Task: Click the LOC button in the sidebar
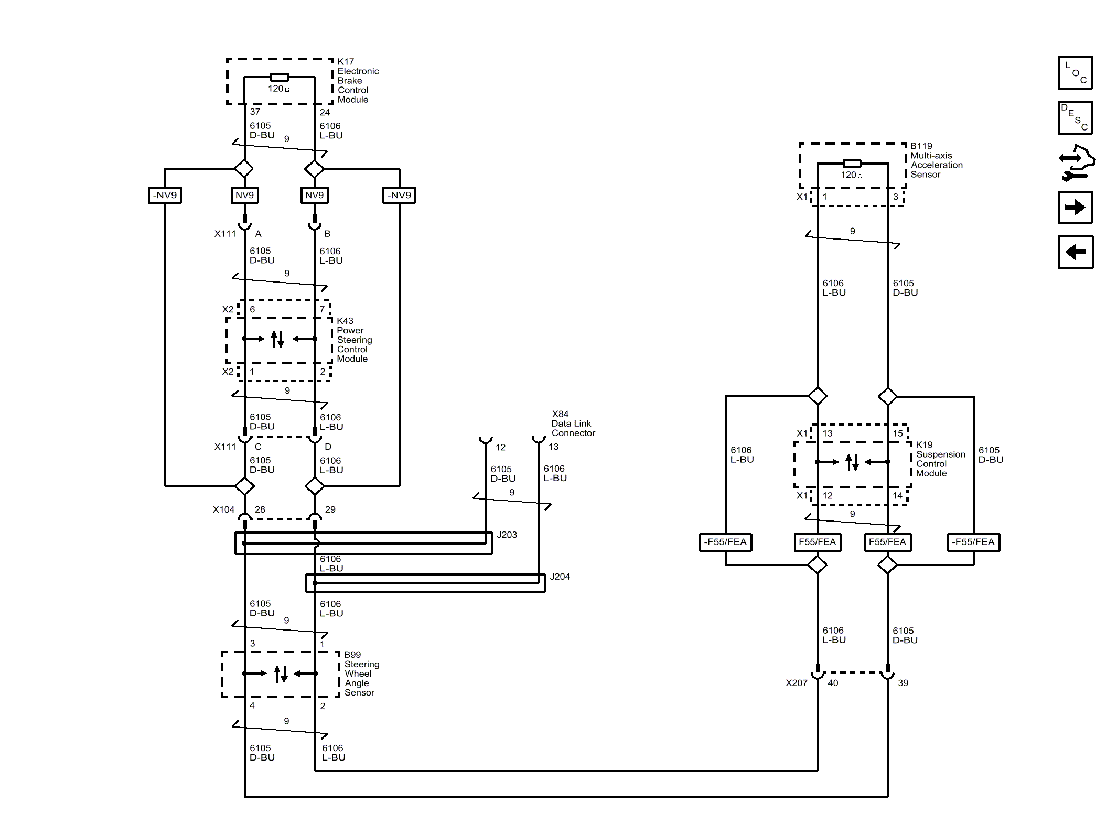tap(1075, 72)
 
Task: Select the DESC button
tap(1075, 117)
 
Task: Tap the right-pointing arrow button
tap(1075, 208)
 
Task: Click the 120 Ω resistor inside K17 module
tap(279, 77)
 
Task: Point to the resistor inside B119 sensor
tap(852, 164)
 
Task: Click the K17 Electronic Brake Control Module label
tap(358, 81)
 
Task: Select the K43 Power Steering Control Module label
tap(355, 340)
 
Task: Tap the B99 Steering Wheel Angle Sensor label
tap(362, 674)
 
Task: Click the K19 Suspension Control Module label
tap(941, 459)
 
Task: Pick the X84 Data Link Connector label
tap(573, 424)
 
